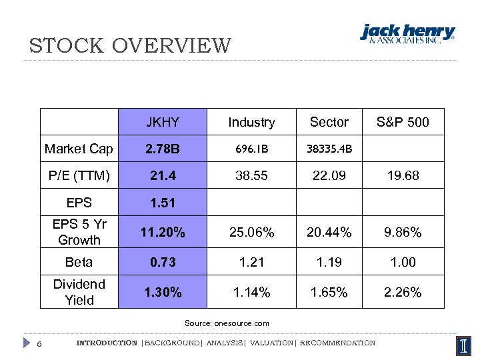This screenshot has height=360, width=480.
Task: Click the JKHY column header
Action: click(x=163, y=122)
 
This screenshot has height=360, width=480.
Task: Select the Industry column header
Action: click(x=251, y=122)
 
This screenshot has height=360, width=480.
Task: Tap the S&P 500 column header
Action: click(x=403, y=122)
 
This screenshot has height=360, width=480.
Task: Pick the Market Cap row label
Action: click(x=79, y=149)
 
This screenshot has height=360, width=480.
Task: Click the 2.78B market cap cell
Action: click(x=163, y=149)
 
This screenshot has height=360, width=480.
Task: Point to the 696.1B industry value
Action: click(x=251, y=149)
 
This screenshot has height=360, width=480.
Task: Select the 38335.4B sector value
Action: click(x=329, y=149)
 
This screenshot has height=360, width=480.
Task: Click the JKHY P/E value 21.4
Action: click(x=163, y=175)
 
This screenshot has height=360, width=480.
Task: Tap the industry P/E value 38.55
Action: click(x=251, y=175)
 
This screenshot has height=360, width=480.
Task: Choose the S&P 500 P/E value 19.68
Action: click(x=403, y=175)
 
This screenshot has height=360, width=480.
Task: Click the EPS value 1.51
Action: click(x=163, y=203)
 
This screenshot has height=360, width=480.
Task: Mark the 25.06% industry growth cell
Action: click(x=251, y=233)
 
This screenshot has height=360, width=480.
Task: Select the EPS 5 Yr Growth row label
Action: click(x=79, y=232)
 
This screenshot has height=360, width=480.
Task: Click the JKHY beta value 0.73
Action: click(x=163, y=262)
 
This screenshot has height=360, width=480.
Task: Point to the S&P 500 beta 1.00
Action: click(x=403, y=262)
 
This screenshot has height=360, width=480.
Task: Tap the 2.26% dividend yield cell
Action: click(x=403, y=292)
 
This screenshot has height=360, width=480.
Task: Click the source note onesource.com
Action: click(x=227, y=323)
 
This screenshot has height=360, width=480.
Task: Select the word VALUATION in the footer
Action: click(x=270, y=343)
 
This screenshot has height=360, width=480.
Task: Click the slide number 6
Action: click(x=40, y=343)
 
